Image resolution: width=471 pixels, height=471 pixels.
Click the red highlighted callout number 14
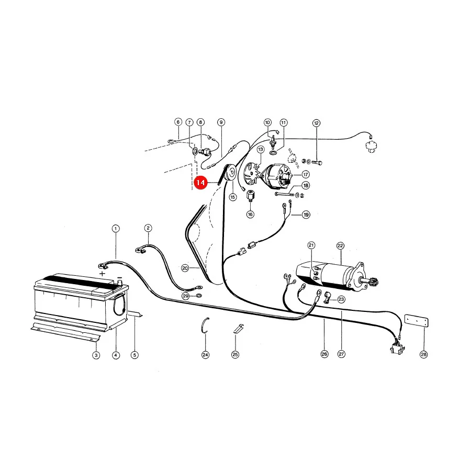(x=200, y=183)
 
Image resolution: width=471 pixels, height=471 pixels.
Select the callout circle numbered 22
(x=340, y=246)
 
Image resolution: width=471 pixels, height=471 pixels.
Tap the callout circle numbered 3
(x=96, y=355)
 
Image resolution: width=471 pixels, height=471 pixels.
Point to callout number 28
(x=423, y=354)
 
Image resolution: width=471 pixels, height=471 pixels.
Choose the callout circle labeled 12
(x=316, y=123)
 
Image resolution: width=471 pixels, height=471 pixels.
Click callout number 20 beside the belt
(x=185, y=268)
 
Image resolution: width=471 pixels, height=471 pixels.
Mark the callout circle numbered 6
(x=178, y=121)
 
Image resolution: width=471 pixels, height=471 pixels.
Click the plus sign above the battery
(x=103, y=274)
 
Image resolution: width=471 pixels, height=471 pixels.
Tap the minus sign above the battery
(x=119, y=277)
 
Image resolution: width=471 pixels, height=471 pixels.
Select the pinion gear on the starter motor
(x=375, y=283)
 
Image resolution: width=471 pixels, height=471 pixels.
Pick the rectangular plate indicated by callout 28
(x=417, y=320)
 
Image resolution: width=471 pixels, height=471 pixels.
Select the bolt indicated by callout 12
(x=317, y=163)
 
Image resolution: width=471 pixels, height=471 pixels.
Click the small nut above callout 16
(x=250, y=196)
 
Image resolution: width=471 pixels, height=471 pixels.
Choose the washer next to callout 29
(x=198, y=296)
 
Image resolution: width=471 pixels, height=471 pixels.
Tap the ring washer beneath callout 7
(x=194, y=151)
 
